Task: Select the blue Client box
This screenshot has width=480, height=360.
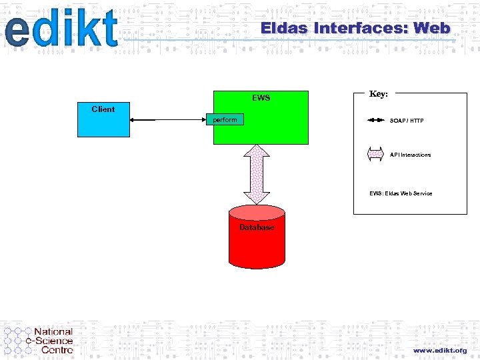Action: [103, 123]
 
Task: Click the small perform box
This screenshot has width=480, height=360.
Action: [225, 120]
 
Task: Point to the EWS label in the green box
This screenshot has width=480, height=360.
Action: [261, 98]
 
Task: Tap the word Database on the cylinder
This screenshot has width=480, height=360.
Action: [257, 227]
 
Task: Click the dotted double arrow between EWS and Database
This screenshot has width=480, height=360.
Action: [257, 174]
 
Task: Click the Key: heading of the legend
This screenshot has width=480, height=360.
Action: [378, 95]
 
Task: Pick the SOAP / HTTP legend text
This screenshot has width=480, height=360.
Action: [407, 121]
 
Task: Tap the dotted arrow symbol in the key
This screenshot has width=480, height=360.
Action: [376, 155]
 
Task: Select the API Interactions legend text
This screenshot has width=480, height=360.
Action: [410, 155]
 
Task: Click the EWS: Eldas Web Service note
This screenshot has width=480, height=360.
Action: [401, 193]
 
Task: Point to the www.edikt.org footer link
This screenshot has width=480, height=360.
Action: [439, 350]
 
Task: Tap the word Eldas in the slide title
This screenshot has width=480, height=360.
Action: [283, 29]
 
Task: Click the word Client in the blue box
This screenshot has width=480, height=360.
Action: [103, 109]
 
